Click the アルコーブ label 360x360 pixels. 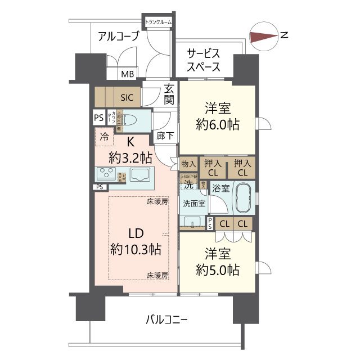(x=118, y=37)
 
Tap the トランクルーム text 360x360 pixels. (x=159, y=22)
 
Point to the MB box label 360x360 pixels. (x=128, y=74)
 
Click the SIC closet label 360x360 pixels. (x=126, y=97)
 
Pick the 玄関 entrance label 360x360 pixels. (x=169, y=94)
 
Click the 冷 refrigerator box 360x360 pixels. (x=104, y=136)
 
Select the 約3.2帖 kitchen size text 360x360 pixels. (x=130, y=157)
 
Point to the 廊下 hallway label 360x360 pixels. (x=165, y=135)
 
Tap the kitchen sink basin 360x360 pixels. (x=141, y=174)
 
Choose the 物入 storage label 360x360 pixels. (x=188, y=164)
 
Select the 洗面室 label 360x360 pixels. (x=193, y=203)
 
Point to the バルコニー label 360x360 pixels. (x=167, y=319)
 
